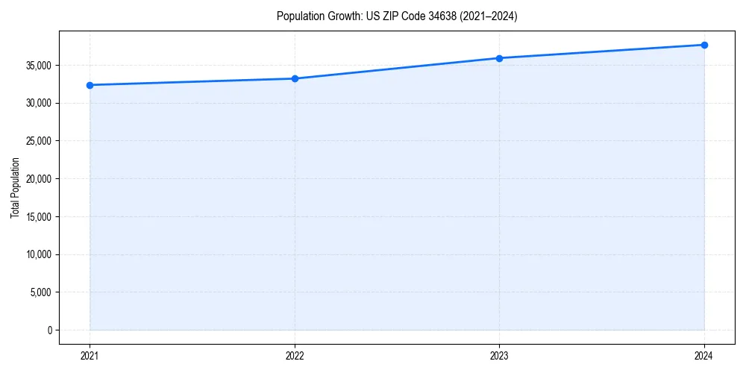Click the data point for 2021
coord(90,85)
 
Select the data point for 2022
coord(295,78)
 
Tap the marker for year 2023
coord(499,58)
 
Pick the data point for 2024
coord(704,45)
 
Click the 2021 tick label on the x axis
coord(90,355)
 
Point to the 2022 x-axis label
coord(295,355)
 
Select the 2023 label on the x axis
coord(499,355)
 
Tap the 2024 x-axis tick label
coord(704,355)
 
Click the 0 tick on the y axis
coord(48,330)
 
